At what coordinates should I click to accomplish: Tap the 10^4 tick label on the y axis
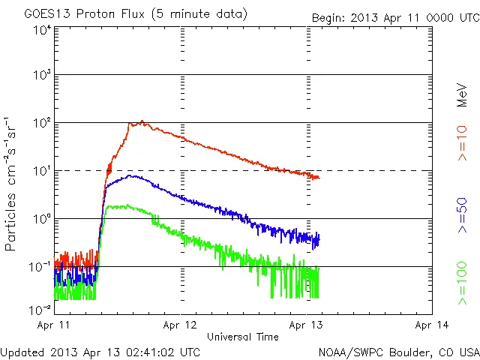(x=41, y=31)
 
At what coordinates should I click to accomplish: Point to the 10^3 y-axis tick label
(x=41, y=76)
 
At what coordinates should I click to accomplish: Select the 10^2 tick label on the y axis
(x=41, y=124)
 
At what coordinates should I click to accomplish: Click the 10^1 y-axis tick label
(x=41, y=172)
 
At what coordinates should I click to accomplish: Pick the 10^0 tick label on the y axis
(x=41, y=219)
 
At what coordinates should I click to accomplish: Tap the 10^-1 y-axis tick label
(x=40, y=267)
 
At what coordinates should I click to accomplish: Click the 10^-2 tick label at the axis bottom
(x=40, y=310)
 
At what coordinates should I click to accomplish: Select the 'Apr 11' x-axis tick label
(x=54, y=325)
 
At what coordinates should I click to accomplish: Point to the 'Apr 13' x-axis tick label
(x=307, y=325)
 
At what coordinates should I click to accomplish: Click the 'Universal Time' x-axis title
(x=243, y=337)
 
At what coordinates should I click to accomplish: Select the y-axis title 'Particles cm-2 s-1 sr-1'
(x=13, y=184)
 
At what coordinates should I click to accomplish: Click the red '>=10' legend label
(x=463, y=142)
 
